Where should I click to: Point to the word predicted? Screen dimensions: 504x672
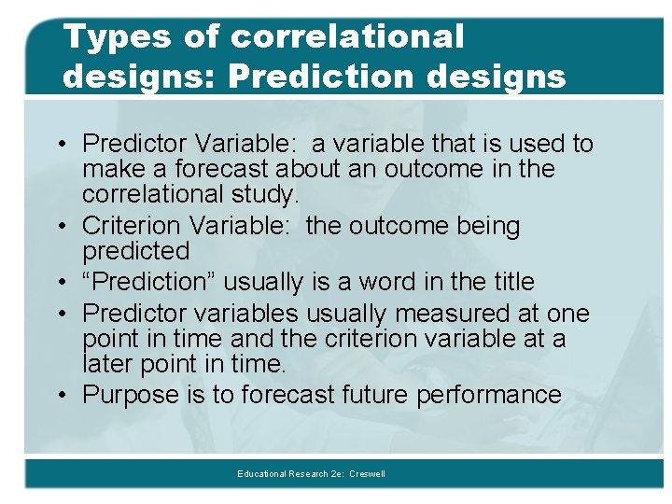point(135,251)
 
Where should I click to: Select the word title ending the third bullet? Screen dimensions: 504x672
point(509,282)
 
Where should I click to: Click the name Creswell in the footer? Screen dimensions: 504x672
point(367,474)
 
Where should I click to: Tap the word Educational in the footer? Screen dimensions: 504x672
point(262,474)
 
